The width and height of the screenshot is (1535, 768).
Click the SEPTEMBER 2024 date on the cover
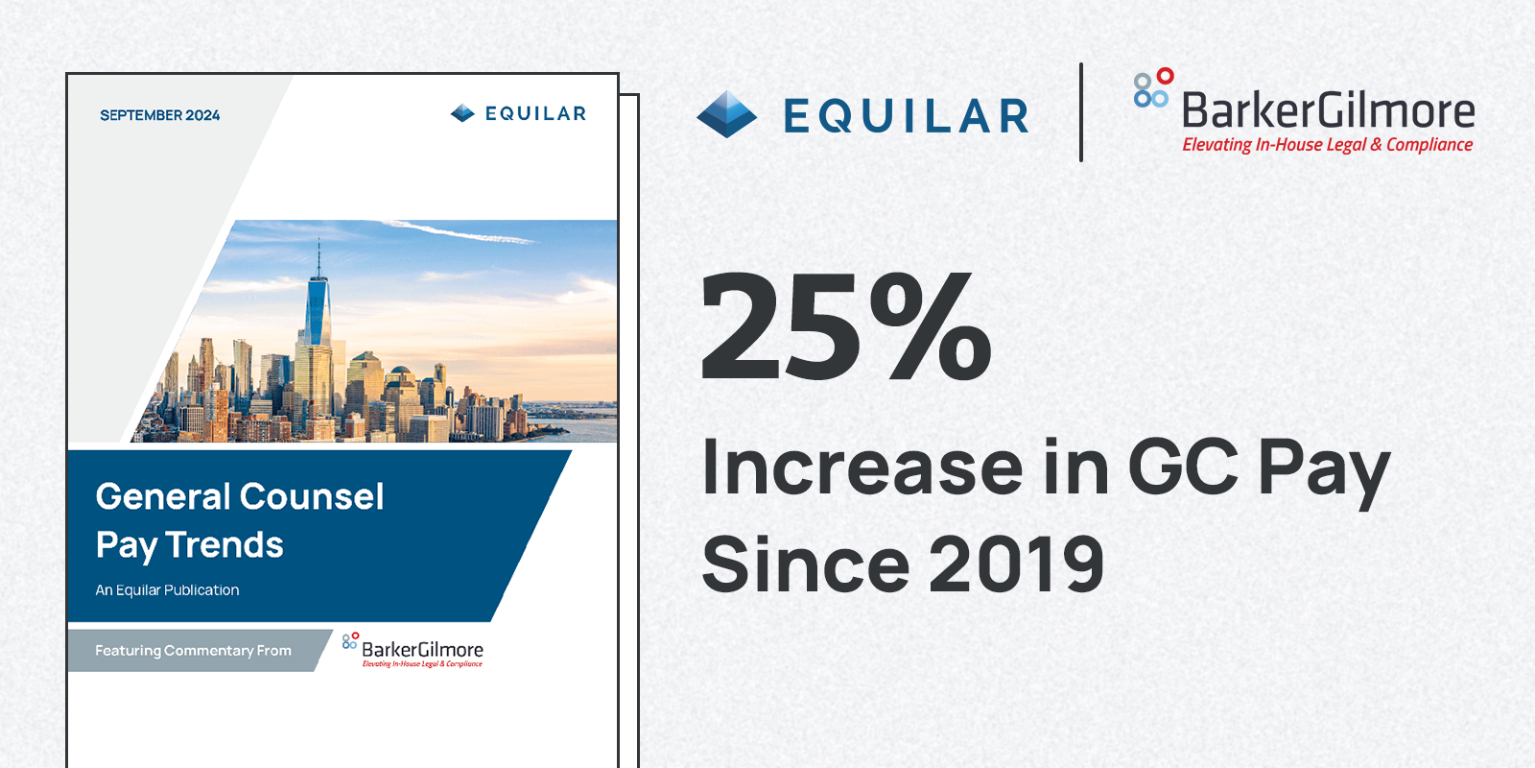[159, 115]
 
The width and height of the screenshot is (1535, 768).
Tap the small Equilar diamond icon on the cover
[462, 113]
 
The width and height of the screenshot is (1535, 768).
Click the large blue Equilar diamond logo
[726, 115]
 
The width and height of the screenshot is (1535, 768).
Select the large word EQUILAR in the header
[906, 116]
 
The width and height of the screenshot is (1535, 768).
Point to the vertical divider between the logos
[1081, 112]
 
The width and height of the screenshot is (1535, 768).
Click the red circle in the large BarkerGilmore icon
[1165, 76]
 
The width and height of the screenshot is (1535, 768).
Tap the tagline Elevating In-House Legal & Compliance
[1327, 145]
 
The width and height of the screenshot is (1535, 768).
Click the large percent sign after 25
[931, 326]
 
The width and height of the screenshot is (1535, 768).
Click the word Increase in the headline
[862, 468]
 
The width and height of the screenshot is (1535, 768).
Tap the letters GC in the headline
[1182, 468]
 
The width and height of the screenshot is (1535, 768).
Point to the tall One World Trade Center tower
[318, 317]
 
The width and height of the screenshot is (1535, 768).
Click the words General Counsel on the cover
[240, 496]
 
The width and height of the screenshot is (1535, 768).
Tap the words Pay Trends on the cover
[189, 545]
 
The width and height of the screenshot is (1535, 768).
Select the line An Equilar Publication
[167, 590]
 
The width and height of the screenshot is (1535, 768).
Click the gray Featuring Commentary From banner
[193, 651]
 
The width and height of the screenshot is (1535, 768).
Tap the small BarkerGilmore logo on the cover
[414, 650]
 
